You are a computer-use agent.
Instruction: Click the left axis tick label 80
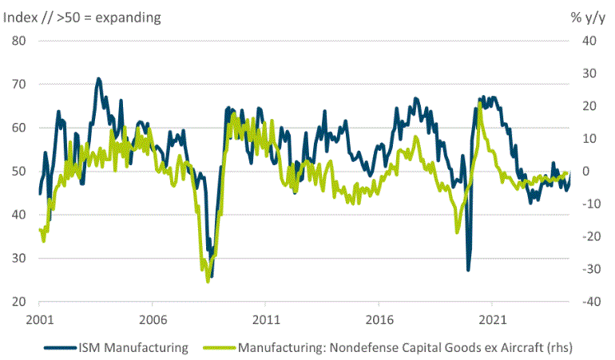pos(21,41)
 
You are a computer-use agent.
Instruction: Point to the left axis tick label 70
pos(21,84)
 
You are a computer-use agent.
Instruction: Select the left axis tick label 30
pos(21,259)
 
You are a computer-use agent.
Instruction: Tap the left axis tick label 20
pos(21,303)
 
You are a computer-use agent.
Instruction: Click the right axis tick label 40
pos(589,41)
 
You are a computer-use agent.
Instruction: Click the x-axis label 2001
pos(40,318)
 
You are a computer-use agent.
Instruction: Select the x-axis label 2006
pos(153,318)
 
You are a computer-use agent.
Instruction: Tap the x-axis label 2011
pos(266,318)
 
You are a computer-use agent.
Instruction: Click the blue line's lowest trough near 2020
pos(468,269)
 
